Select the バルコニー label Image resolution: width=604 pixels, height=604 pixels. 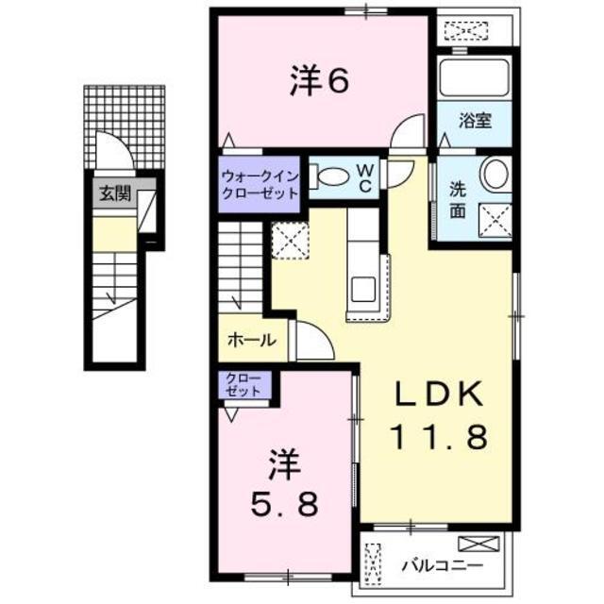click(441, 566)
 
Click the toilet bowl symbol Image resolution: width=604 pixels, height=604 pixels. click(332, 176)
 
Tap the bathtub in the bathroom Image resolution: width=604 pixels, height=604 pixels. click(476, 75)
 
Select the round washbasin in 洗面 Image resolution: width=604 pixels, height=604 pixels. click(494, 175)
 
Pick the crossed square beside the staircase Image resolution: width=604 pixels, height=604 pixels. click(288, 239)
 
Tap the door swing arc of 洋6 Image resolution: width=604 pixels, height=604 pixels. click(410, 130)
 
